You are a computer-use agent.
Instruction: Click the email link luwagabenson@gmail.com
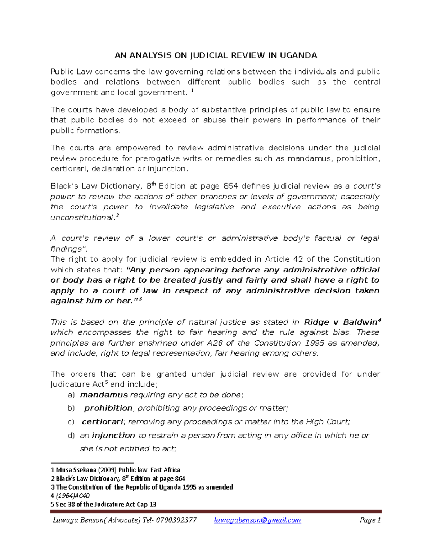[257, 520]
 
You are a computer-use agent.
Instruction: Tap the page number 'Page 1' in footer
[370, 520]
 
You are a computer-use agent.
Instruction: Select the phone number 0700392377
[176, 520]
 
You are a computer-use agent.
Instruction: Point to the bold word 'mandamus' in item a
[104, 395]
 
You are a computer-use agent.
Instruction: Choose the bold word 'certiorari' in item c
[103, 422]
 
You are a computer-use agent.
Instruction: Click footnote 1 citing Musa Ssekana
[115, 470]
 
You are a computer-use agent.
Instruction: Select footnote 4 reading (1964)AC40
[70, 496]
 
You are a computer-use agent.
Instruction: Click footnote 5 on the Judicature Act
[103, 504]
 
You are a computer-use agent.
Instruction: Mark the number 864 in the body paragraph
[231, 186]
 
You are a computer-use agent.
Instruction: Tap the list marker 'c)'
[71, 422]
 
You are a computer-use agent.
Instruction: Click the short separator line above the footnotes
[92, 463]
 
